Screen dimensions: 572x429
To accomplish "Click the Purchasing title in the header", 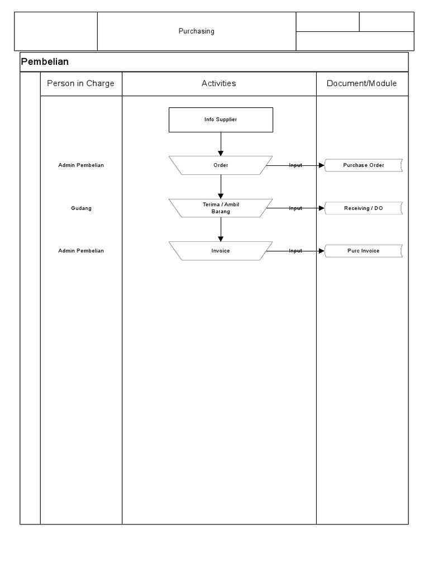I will (x=196, y=31).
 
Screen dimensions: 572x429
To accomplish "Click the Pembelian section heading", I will (x=45, y=61).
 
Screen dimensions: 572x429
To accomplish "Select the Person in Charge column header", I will (x=80, y=83).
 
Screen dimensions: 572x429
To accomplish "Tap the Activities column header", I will (x=218, y=83).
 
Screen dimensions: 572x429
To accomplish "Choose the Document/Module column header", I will (x=361, y=83).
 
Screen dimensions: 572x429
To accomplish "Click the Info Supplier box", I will (x=221, y=120).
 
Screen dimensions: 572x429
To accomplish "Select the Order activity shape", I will (x=221, y=165).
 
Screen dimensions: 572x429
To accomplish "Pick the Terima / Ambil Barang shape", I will (x=221, y=208).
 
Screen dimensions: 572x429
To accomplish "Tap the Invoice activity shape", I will (x=221, y=251).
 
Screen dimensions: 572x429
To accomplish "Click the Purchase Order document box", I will (x=363, y=165).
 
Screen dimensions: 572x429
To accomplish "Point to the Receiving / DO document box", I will (x=363, y=208).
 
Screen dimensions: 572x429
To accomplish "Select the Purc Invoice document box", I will (x=363, y=251).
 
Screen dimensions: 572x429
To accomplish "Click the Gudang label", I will (x=80, y=208).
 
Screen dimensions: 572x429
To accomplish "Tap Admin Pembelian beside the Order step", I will (x=80, y=165).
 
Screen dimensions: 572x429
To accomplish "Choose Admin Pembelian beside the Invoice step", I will (x=80, y=251).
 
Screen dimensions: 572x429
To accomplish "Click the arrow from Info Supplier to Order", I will (x=221, y=144).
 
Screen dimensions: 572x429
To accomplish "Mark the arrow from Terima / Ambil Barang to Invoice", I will (x=221, y=229).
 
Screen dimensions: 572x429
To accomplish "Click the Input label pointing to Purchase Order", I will (x=295, y=165).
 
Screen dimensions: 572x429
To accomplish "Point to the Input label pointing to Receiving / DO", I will (x=295, y=208).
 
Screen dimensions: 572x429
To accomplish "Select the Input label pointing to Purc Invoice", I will (x=295, y=251).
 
